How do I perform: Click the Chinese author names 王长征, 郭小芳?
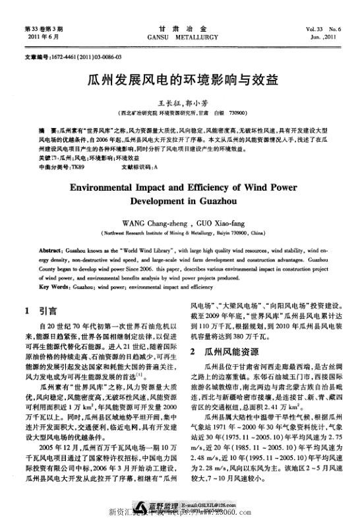[x=181, y=104]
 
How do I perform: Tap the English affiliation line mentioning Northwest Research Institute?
[x=181, y=233]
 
